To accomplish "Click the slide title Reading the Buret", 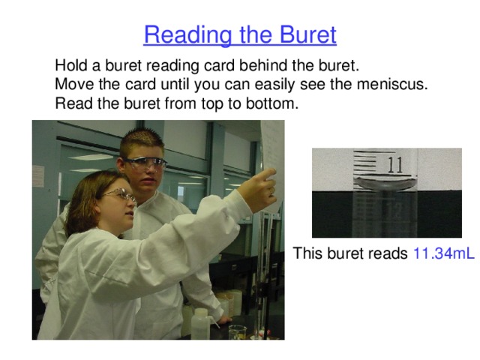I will (240, 35).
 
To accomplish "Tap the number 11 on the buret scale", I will (395, 164).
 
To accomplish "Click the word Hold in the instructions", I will (71, 64).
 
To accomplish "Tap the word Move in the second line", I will (73, 84).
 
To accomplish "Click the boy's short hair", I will (141, 140).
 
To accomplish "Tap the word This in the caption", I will (307, 253).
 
